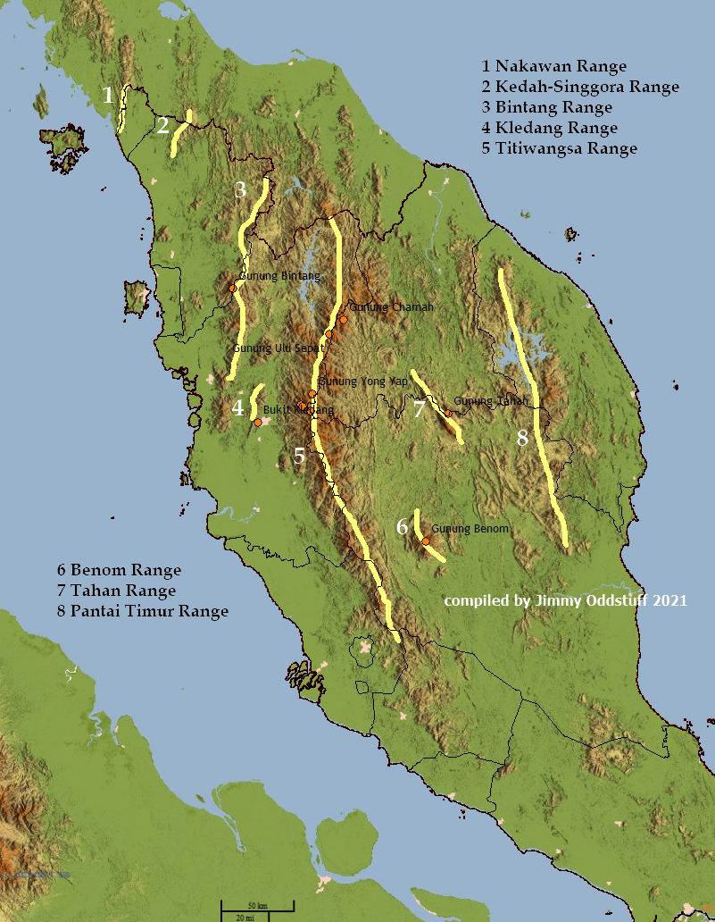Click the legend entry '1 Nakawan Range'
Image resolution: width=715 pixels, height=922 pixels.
coord(553,66)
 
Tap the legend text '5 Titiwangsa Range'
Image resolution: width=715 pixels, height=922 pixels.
coord(559,148)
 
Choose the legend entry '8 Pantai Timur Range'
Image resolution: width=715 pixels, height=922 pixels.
coord(142,611)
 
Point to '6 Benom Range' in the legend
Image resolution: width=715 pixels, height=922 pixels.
coord(119,570)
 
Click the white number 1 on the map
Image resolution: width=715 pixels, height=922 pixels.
coord(108,95)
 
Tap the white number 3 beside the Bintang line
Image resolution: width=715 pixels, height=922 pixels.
coord(240,189)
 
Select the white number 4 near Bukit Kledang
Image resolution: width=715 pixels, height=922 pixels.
coord(237,408)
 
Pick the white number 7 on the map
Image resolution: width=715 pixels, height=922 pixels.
coord(419,410)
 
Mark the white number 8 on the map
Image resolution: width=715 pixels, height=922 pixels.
coord(522,438)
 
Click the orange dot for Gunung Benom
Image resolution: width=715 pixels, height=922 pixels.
coord(426,541)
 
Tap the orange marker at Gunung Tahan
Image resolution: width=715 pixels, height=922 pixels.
coord(448,414)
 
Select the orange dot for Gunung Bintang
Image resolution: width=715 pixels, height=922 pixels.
coord(232,288)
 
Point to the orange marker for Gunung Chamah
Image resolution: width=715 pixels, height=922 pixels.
coord(343,319)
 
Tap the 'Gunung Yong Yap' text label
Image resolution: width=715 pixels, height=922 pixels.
coord(362,381)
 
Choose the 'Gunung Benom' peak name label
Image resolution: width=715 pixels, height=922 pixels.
coord(470,529)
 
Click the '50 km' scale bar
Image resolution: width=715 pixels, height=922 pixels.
coord(258,907)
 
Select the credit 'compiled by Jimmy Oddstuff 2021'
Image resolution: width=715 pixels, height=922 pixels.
coord(565,601)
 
